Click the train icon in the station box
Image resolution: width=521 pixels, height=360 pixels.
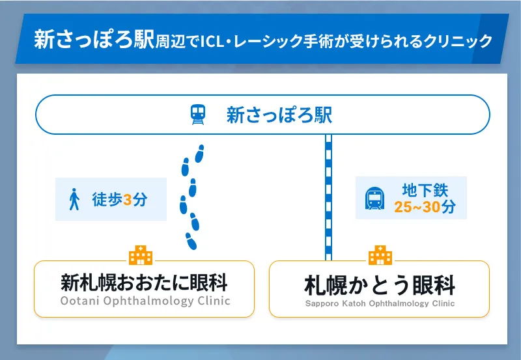[x=197, y=115]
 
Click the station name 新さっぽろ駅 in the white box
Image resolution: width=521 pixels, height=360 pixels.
[x=279, y=115]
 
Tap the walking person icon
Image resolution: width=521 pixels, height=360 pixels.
[x=74, y=199]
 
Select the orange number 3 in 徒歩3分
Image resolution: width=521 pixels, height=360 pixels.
[x=128, y=200]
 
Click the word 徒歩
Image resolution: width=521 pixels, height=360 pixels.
[x=107, y=200]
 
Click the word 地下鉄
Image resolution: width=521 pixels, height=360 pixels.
[x=425, y=190]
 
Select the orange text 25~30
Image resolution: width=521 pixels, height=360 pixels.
[x=417, y=208]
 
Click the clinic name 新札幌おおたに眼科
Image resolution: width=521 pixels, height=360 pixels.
[x=144, y=283]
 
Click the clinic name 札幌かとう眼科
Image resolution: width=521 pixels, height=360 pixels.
[x=380, y=285]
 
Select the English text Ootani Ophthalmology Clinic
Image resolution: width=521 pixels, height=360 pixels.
[x=145, y=301]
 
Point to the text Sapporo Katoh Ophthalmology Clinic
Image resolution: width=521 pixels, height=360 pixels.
[x=380, y=304]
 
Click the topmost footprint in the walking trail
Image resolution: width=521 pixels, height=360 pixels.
[x=199, y=153]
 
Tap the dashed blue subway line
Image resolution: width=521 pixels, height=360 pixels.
[x=328, y=195]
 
